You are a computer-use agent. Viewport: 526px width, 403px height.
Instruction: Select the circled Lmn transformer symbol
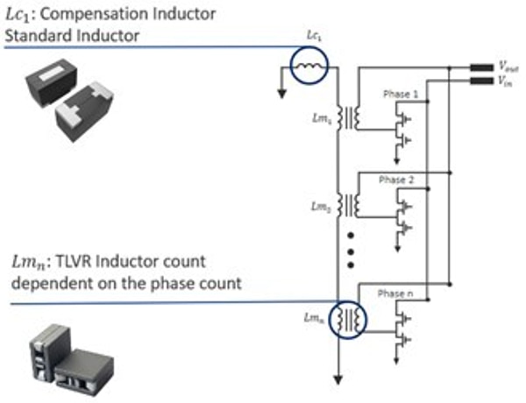(349, 317)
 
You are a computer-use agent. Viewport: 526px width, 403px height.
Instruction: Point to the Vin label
(506, 81)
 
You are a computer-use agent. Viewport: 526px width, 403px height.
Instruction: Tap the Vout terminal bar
(480, 67)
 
